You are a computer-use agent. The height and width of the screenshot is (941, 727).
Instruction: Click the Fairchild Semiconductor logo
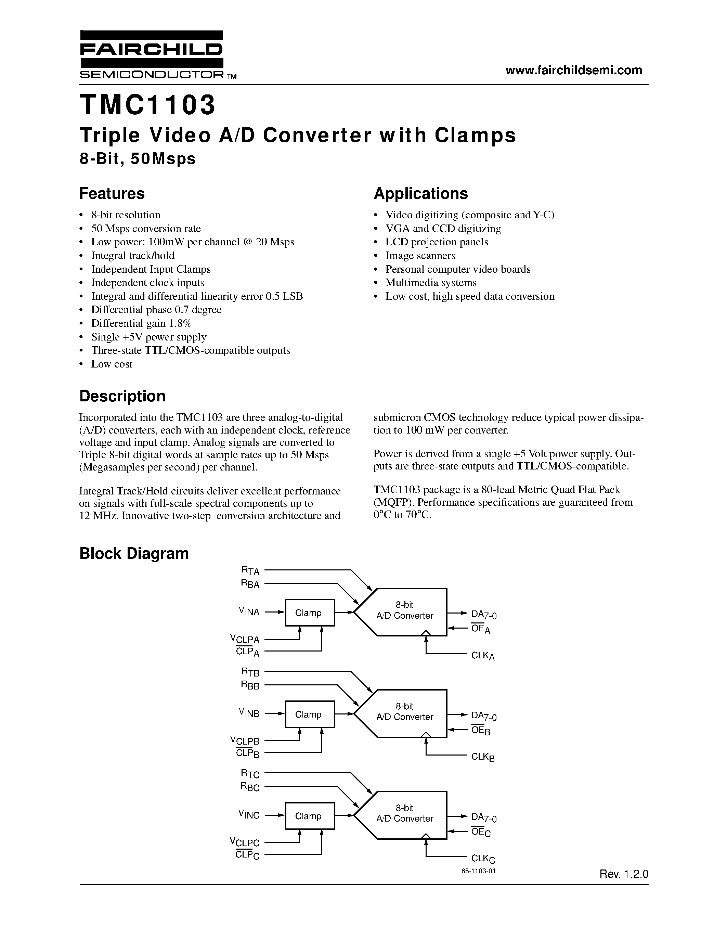tap(152, 55)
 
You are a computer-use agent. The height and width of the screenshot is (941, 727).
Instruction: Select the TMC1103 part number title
tap(147, 105)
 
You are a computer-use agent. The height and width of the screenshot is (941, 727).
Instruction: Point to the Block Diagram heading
tap(134, 553)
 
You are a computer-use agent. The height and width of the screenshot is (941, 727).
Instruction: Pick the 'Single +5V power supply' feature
tap(148, 337)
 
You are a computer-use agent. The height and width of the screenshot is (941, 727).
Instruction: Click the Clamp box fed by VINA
tap(310, 612)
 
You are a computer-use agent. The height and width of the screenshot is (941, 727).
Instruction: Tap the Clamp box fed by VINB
tap(310, 714)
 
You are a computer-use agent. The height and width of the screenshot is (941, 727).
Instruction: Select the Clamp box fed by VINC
tap(310, 816)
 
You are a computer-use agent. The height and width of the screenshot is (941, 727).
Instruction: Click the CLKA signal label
tap(483, 656)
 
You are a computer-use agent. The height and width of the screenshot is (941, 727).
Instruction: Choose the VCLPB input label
tap(245, 740)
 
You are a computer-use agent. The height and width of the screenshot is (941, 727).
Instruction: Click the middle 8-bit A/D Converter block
tap(404, 713)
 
